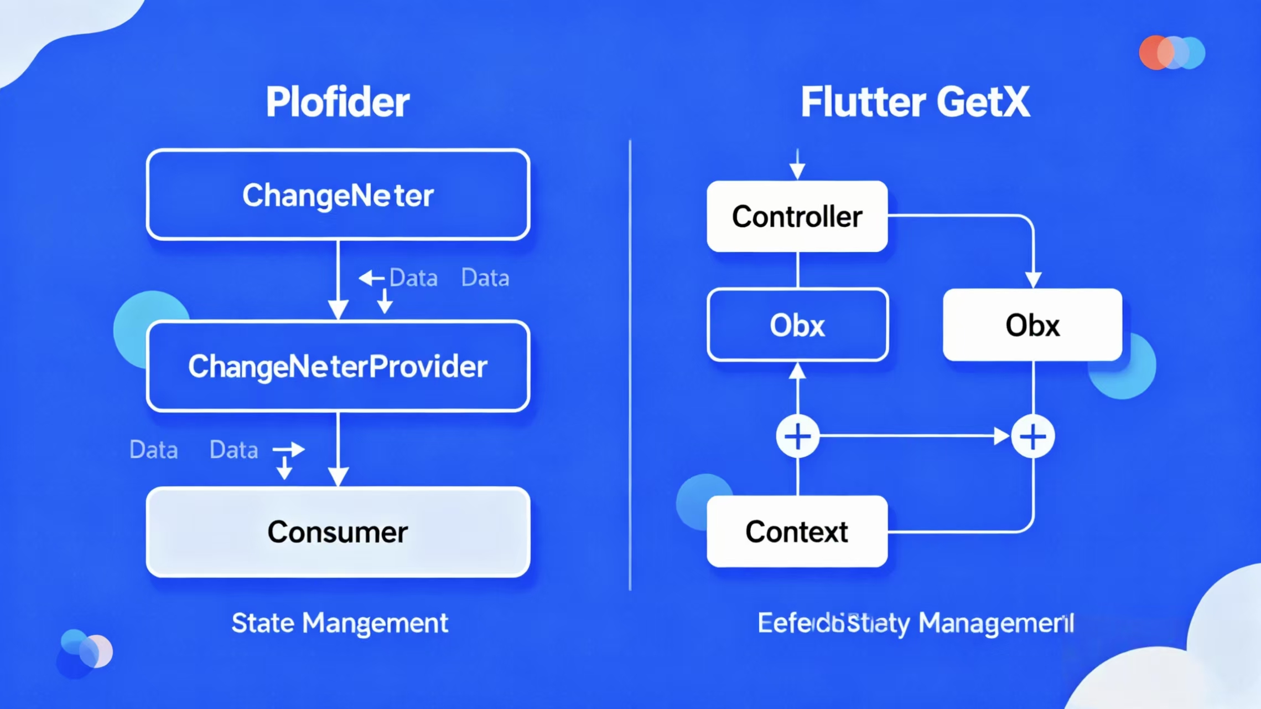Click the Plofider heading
(x=338, y=102)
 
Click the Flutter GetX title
(x=915, y=102)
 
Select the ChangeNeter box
(x=338, y=195)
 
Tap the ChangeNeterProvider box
(x=338, y=366)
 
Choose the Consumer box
(x=338, y=532)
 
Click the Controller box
(x=797, y=216)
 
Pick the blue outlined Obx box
(x=797, y=325)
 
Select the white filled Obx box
(x=1032, y=325)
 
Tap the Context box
(x=797, y=532)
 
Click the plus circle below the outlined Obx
(x=797, y=436)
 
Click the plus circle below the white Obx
(x=1032, y=436)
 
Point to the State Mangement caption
(x=339, y=623)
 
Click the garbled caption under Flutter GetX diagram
(x=915, y=623)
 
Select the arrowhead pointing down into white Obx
(x=1033, y=279)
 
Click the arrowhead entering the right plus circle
(x=1001, y=436)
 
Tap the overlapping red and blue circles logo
(x=1171, y=53)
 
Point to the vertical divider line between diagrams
(x=630, y=366)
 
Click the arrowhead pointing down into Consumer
(x=338, y=476)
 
